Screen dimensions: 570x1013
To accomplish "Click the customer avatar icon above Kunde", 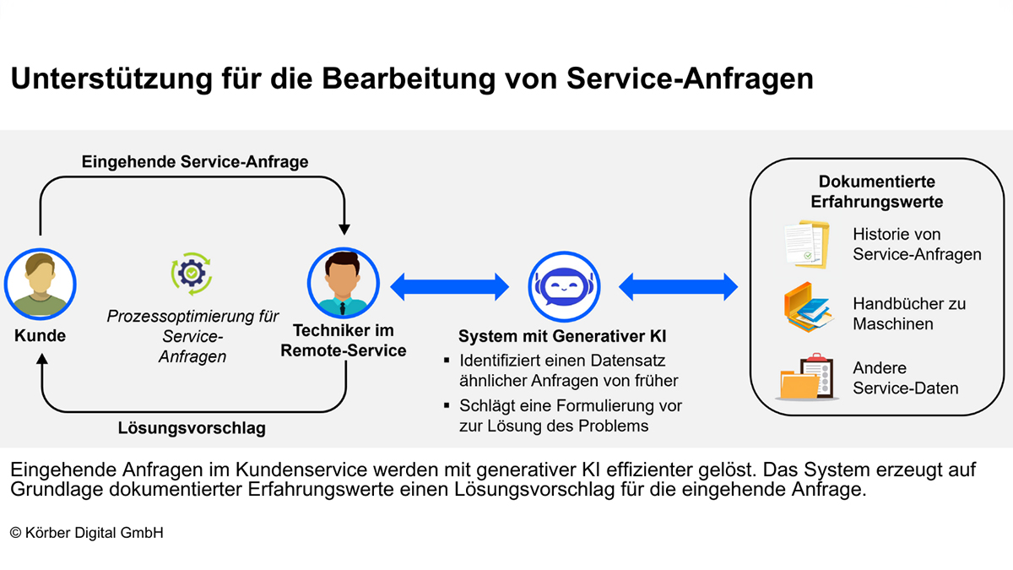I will (40, 283).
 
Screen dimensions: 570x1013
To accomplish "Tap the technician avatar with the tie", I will (344, 283).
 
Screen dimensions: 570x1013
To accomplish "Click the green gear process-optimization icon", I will (192, 274).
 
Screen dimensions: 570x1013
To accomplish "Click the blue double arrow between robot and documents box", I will (679, 285).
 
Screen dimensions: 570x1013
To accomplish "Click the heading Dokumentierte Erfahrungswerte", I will (876, 192).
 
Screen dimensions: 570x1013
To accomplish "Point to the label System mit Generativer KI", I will (562, 336).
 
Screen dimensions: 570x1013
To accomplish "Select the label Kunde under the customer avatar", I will (40, 336).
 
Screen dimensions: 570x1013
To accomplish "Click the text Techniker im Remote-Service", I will (343, 340).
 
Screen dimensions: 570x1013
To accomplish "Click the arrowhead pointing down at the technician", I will (344, 227).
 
